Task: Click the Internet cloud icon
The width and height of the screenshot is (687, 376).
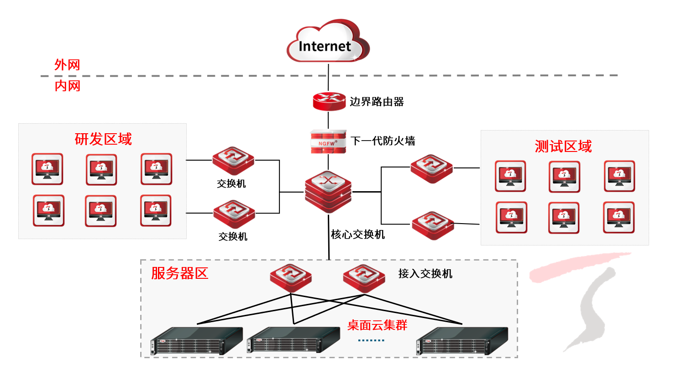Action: coord(327,42)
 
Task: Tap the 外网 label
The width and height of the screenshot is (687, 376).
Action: coord(67,65)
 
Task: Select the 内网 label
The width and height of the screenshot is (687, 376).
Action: coord(68,86)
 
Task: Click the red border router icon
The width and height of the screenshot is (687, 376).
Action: coord(329,101)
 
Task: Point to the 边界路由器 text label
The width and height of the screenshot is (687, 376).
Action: coord(377,102)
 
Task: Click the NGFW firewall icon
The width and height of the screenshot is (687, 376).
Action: coord(328,141)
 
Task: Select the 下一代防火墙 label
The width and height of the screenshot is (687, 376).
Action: coord(383,141)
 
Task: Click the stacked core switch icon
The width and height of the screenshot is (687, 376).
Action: coord(328,192)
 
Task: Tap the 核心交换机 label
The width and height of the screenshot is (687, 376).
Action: coord(357,235)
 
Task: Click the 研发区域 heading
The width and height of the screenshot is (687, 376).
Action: coord(103,139)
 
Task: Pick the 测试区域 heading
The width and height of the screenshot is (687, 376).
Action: coord(563,146)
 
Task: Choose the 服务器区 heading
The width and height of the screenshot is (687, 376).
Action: coord(179,273)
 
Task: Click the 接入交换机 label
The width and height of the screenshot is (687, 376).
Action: coord(425,274)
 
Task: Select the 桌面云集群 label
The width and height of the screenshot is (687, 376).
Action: coord(377,325)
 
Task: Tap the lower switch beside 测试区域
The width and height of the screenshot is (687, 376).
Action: coord(433,225)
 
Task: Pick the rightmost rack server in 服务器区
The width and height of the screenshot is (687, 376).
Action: coord(462,341)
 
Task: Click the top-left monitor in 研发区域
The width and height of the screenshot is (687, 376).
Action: coord(47,169)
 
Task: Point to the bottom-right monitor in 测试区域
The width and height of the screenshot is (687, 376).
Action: coord(619,218)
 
